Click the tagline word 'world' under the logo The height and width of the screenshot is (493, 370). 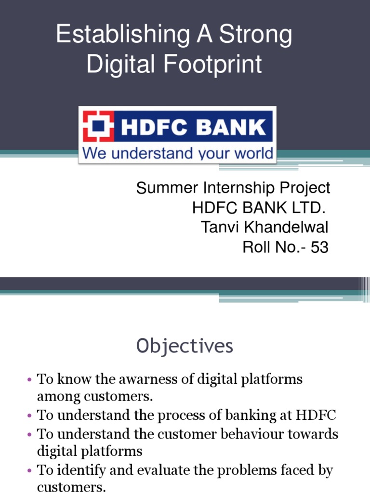pyautogui.click(x=251, y=154)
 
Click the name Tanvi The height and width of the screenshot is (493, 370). pyautogui.click(x=217, y=227)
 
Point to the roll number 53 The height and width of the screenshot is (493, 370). pyautogui.click(x=319, y=247)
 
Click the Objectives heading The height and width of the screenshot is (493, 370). pyautogui.click(x=185, y=346)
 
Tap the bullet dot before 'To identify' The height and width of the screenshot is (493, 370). pyautogui.click(x=30, y=470)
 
